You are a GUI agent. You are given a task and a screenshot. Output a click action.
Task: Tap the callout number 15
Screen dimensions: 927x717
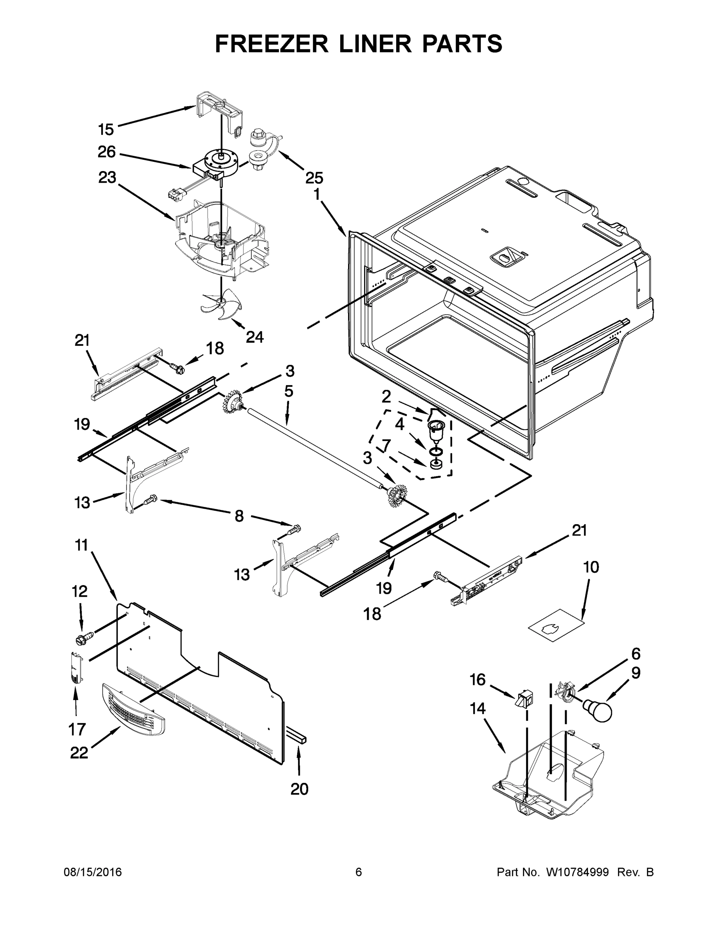pos(106,129)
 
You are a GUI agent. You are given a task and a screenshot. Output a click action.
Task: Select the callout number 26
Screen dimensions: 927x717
pos(107,152)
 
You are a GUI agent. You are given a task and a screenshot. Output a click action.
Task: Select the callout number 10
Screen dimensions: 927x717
pos(591,567)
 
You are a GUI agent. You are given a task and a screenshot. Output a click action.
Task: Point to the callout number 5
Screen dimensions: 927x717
pos(289,391)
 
